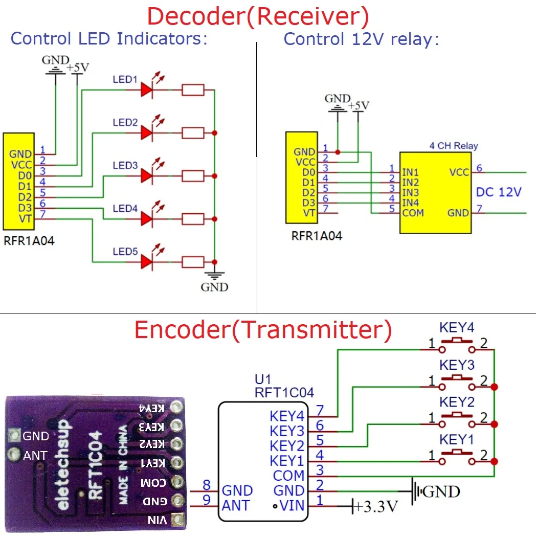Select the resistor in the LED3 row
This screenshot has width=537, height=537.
coord(193,176)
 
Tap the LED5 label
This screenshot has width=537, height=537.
coord(125,252)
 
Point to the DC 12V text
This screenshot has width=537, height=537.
coord(499,192)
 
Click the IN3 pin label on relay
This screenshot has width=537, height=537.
coord(410,193)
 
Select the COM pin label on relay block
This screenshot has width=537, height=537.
coord(413,212)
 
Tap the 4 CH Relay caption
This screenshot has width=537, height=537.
coord(454,146)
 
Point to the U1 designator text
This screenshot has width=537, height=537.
coord(263,379)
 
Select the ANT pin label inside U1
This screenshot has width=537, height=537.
coord(236,506)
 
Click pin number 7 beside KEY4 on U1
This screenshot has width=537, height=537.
coord(320,410)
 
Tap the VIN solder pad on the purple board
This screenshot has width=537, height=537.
coord(177,520)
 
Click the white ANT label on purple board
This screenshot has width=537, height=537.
coord(35,455)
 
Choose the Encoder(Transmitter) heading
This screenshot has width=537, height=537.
coord(263,330)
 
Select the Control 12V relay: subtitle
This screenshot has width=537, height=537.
coord(361,39)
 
